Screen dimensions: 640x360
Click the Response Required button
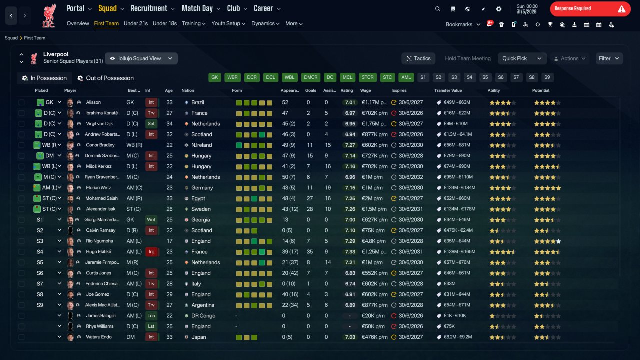click(x=590, y=9)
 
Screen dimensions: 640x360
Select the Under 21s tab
click(x=135, y=23)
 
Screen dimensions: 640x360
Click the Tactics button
click(x=418, y=58)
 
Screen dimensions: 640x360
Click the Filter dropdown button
click(x=609, y=58)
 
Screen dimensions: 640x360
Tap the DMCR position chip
click(x=311, y=77)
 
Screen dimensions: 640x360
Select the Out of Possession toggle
click(x=106, y=78)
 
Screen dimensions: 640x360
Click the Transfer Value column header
click(x=448, y=90)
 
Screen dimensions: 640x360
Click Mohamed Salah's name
click(x=101, y=198)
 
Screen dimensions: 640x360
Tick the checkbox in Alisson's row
click(x=21, y=102)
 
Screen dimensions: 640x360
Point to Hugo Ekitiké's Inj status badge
click(x=151, y=252)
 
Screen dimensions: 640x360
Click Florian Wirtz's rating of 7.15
click(x=350, y=188)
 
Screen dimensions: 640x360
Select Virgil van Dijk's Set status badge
click(x=151, y=124)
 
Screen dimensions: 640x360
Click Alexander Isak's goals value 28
click(x=310, y=209)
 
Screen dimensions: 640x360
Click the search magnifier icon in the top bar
click(x=437, y=9)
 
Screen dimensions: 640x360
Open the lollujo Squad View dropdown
click(x=141, y=58)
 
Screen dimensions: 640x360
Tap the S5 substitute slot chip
click(x=485, y=77)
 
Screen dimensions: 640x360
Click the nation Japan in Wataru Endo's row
click(x=199, y=337)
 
